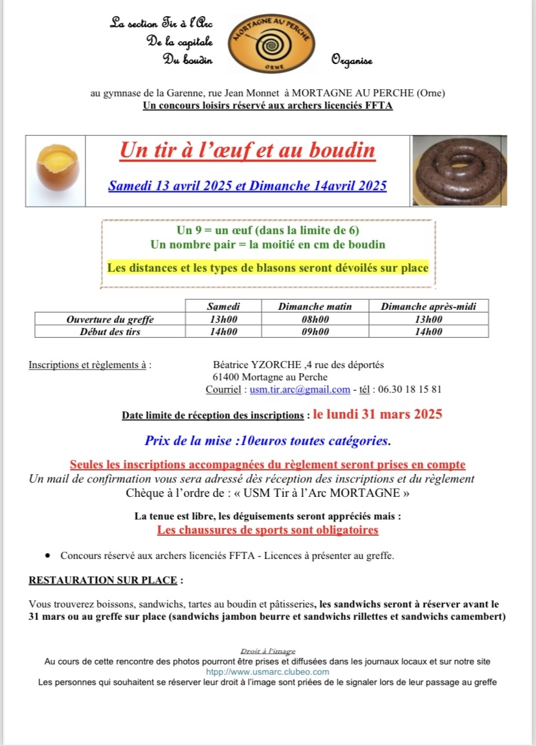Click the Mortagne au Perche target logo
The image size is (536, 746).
tap(272, 44)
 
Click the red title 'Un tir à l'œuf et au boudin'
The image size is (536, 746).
tap(247, 151)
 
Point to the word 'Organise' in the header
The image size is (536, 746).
tap(352, 61)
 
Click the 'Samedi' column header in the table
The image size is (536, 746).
tap(222, 306)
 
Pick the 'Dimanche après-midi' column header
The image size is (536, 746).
tap(428, 306)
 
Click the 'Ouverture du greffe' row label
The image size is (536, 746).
tap(110, 319)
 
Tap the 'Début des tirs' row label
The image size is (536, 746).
tap(110, 331)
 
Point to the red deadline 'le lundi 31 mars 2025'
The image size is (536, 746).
tap(377, 414)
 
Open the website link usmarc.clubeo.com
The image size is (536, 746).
tap(267, 672)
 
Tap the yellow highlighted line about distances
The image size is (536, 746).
tap(268, 267)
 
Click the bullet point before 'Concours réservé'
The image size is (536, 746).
tap(48, 556)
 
